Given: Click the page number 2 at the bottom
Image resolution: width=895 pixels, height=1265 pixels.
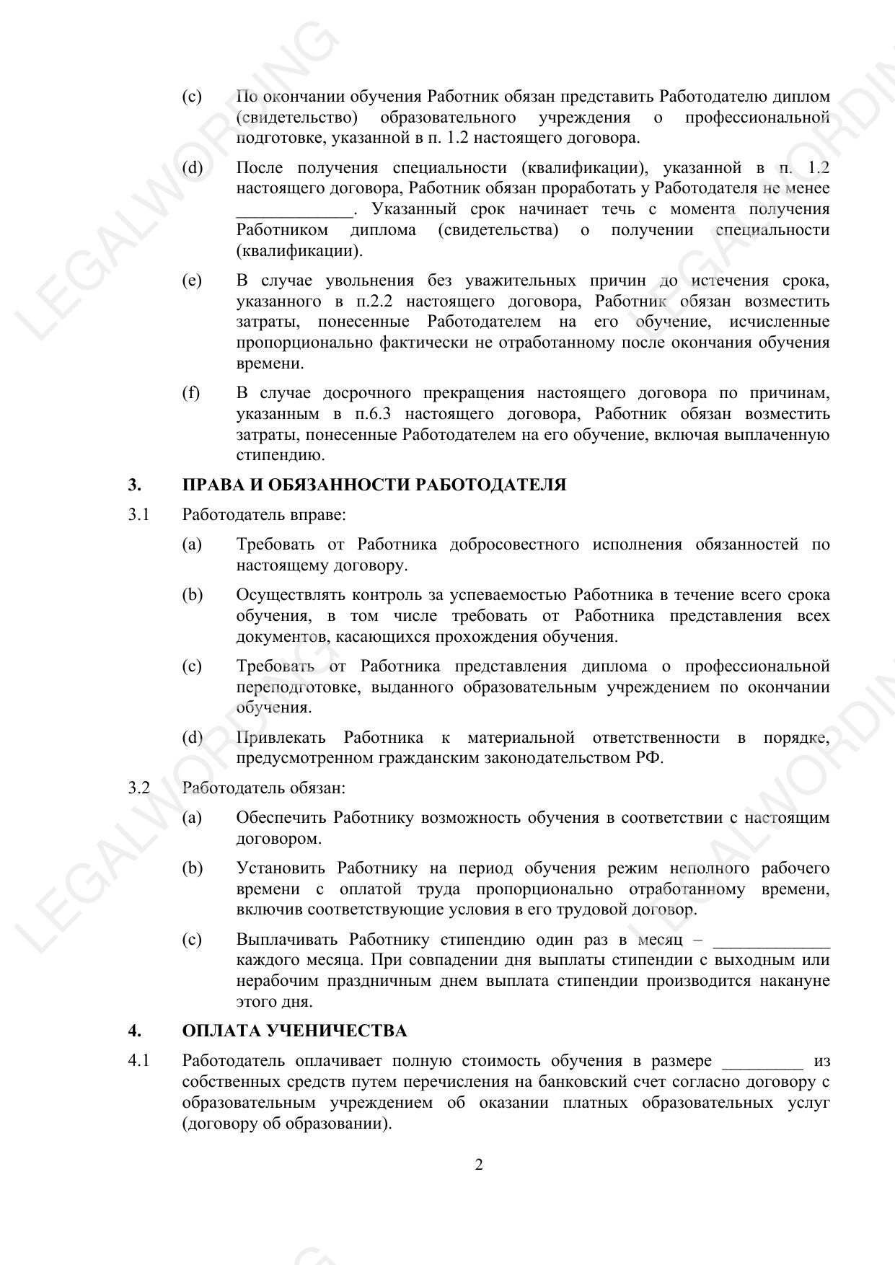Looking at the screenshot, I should click(479, 1165).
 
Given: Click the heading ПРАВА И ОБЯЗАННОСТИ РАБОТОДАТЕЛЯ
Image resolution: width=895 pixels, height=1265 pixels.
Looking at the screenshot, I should click(374, 485).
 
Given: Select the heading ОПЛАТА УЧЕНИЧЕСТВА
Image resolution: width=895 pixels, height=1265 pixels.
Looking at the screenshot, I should click(294, 1031).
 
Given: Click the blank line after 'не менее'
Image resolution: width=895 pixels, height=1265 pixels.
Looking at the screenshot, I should click(294, 211).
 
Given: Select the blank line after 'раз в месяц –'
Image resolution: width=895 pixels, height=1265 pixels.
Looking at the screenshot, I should click(770, 940).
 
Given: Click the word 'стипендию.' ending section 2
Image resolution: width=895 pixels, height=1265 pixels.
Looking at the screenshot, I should click(281, 456).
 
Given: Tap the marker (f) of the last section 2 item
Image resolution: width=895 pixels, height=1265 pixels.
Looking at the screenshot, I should click(191, 393).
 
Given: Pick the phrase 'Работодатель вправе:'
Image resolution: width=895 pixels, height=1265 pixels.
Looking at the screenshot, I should click(263, 515).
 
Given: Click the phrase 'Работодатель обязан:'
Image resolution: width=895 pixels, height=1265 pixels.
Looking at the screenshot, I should click(263, 788).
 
